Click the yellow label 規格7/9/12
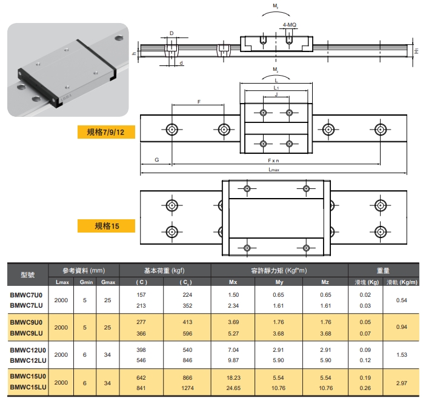pyautogui.click(x=106, y=132)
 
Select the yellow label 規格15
pyautogui.click(x=106, y=226)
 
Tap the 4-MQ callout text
pyautogui.click(x=290, y=25)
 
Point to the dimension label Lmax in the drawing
pyautogui.click(x=274, y=170)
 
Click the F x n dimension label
pyautogui.click(x=273, y=160)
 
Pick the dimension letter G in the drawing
pyautogui.click(x=157, y=160)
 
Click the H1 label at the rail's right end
pyautogui.click(x=416, y=50)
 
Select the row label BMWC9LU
pyautogui.click(x=26, y=333)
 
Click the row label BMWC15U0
pyautogui.click(x=28, y=376)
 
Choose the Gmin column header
pyautogui.click(x=86, y=282)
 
